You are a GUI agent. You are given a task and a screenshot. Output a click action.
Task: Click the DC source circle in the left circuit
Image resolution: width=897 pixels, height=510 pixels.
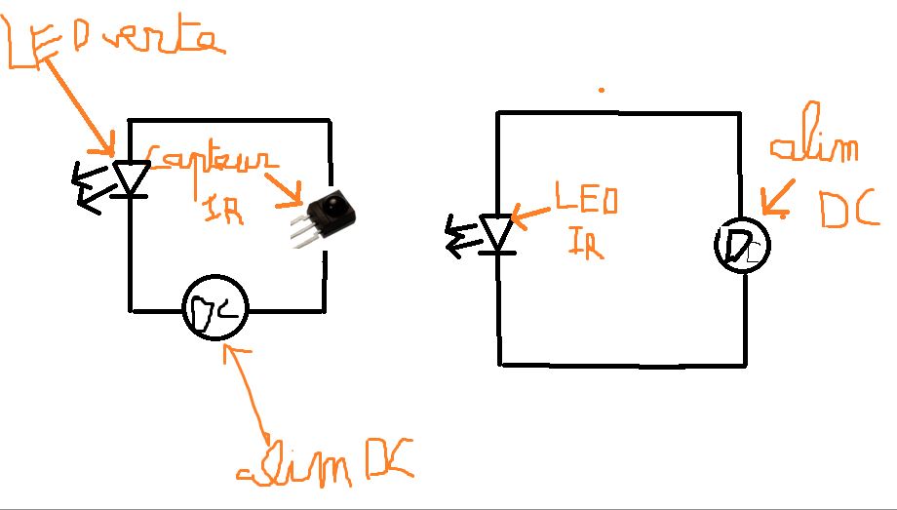point(215,309)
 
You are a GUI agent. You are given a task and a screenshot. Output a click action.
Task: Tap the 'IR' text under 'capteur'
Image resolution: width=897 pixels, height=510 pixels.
point(222,209)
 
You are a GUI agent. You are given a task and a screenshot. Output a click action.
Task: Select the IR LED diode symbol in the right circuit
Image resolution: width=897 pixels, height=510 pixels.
point(498,235)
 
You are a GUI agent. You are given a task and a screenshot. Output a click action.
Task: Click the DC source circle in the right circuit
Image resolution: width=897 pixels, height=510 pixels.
point(743,245)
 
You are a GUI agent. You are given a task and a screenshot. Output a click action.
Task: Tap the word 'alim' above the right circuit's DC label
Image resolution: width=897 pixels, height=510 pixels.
point(814,148)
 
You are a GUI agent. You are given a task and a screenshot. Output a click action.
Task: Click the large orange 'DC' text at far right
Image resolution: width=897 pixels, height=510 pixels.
point(849,207)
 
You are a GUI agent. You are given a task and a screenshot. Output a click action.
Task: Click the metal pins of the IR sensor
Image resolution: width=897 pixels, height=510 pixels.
point(305,230)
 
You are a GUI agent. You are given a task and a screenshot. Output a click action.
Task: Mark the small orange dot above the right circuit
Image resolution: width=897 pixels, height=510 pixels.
point(602,90)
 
